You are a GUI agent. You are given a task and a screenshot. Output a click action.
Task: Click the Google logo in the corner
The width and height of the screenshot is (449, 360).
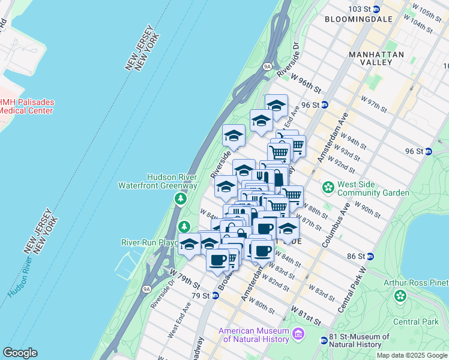click(x=20, y=353)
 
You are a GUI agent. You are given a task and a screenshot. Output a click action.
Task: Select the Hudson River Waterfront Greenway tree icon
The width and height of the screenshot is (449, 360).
click(x=179, y=198)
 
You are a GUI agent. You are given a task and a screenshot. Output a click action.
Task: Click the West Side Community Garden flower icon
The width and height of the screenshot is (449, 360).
click(x=328, y=188)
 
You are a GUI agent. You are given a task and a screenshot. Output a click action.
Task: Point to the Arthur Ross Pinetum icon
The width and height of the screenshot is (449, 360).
click(x=400, y=296)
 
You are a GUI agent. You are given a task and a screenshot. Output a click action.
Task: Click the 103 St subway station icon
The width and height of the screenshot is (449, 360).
click(x=376, y=9)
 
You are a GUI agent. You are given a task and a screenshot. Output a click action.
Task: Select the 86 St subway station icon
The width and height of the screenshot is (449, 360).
click(x=370, y=256)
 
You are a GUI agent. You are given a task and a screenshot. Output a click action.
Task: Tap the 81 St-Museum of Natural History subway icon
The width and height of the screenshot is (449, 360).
click(x=324, y=340)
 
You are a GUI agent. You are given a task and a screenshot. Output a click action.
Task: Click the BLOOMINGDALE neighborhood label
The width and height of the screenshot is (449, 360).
click(x=358, y=19)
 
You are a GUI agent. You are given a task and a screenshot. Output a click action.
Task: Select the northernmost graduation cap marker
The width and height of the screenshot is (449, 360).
click(x=276, y=105)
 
